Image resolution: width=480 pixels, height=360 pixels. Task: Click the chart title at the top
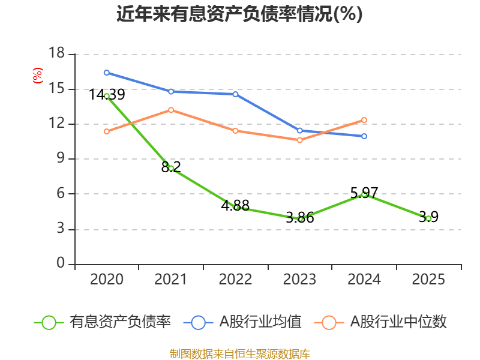pos(239,14)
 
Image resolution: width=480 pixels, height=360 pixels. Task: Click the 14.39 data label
pos(107,95)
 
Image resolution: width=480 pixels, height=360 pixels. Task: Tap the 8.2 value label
pos(171,167)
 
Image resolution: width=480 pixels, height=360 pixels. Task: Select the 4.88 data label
pos(235,205)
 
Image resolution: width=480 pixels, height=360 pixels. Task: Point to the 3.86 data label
pos(300,218)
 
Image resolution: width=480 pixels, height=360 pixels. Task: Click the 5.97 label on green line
pos(364,193)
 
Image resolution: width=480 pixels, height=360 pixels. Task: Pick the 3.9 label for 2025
pos(428,217)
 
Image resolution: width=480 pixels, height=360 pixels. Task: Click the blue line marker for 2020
pos(107,73)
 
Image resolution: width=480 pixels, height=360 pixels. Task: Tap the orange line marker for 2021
pos(171,110)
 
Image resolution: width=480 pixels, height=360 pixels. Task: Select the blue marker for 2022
pos(235,94)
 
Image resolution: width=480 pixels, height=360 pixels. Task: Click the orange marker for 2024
pos(364,120)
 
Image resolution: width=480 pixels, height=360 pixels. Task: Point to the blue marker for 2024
pos(364,136)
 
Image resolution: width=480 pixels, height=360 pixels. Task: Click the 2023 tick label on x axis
pos(300,280)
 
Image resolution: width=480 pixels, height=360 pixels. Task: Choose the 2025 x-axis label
pos(428,280)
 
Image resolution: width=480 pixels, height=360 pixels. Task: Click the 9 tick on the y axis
pos(61,159)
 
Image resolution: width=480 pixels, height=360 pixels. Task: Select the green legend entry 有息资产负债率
pos(103,322)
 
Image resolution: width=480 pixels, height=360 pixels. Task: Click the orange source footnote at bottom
pos(239,353)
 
